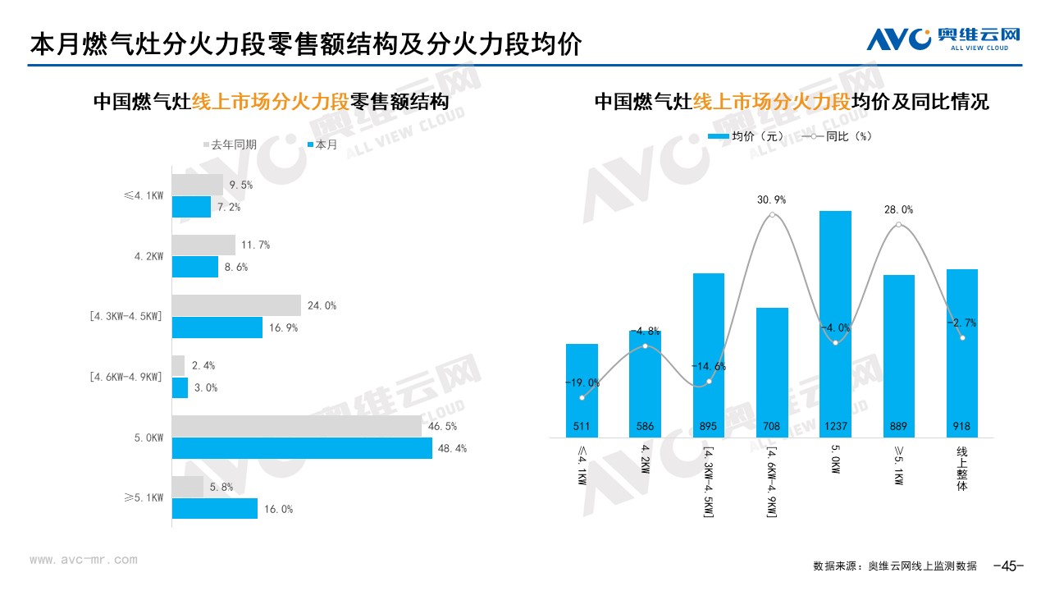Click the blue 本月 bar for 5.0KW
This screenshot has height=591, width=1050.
click(x=302, y=449)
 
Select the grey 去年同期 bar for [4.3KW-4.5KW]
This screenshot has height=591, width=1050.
click(x=236, y=305)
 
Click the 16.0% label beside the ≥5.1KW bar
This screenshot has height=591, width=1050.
click(x=278, y=509)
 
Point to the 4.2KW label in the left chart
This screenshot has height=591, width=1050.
click(x=149, y=256)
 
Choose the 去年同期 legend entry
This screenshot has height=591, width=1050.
click(x=231, y=144)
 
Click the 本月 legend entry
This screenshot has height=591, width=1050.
click(x=322, y=144)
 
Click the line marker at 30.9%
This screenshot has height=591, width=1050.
click(x=772, y=215)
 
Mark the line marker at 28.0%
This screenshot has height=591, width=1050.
click(x=899, y=225)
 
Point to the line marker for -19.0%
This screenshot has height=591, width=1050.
click(x=582, y=398)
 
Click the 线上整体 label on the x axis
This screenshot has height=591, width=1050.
click(x=962, y=469)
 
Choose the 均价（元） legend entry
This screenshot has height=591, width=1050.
click(x=746, y=136)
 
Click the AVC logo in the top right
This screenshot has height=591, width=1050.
click(x=943, y=38)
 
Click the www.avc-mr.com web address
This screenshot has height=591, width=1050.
click(x=83, y=560)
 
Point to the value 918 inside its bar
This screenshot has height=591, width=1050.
click(x=962, y=427)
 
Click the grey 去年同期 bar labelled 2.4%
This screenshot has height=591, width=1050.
click(x=179, y=365)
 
